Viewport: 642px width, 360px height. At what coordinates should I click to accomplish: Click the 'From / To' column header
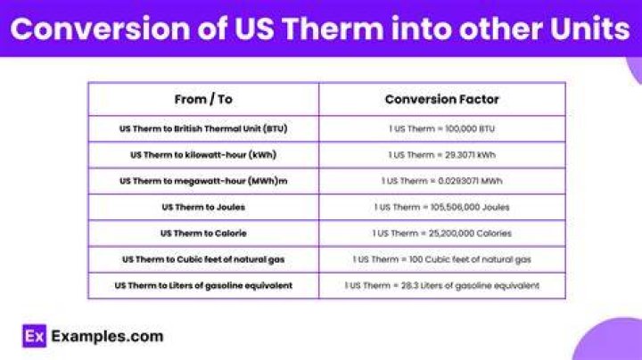tap(203, 100)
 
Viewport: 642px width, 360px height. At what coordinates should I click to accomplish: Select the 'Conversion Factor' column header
tap(441, 100)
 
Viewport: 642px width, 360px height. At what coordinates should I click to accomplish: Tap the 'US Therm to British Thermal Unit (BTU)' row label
tap(203, 129)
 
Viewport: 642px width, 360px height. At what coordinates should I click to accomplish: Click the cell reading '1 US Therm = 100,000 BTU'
tap(441, 129)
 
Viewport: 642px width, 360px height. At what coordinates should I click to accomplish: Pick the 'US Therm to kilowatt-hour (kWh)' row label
tap(203, 155)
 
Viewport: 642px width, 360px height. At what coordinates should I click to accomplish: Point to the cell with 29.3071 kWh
tap(441, 155)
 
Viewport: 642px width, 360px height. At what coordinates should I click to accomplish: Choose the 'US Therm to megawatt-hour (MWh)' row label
tap(203, 181)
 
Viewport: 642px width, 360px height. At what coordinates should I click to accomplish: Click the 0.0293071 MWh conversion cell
tap(441, 181)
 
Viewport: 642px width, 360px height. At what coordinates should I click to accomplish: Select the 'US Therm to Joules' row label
tap(203, 208)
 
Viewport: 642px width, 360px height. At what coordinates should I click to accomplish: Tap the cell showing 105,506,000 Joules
tap(441, 208)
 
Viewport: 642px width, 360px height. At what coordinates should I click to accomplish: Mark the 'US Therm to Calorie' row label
tap(203, 233)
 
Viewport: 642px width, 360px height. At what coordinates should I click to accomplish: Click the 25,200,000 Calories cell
tap(441, 233)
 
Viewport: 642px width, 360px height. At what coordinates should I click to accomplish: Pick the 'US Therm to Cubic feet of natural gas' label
tap(203, 260)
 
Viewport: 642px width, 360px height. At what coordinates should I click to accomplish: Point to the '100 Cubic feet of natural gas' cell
tap(441, 260)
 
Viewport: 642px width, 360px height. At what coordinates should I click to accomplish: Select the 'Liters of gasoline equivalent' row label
tap(203, 285)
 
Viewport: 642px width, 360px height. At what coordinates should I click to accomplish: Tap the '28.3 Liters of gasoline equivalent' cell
tap(441, 285)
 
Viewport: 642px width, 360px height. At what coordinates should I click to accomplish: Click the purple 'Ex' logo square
tap(35, 336)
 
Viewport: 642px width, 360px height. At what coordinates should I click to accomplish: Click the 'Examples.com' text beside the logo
tap(107, 336)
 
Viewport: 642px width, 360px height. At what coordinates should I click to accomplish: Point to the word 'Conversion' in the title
tap(100, 29)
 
